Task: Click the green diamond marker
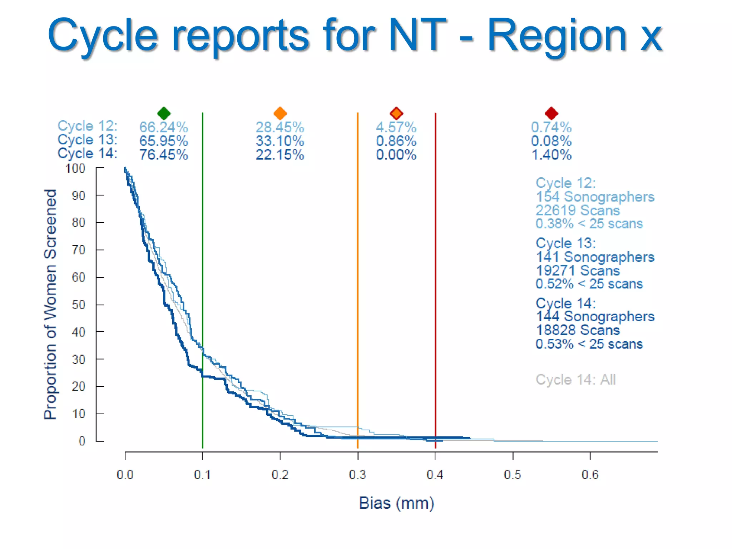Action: pyautogui.click(x=164, y=113)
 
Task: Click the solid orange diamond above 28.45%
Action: pyautogui.click(x=280, y=113)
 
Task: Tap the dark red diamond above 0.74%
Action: pyautogui.click(x=551, y=113)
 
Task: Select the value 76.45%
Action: pyautogui.click(x=164, y=155)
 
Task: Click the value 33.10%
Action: pyautogui.click(x=280, y=141)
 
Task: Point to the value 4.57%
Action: pyautogui.click(x=396, y=127)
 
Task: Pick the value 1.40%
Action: pyautogui.click(x=552, y=155)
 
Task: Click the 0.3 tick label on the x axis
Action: pyautogui.click(x=357, y=475)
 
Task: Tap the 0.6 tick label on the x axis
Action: pyautogui.click(x=590, y=475)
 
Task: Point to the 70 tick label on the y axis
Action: pyautogui.click(x=79, y=250)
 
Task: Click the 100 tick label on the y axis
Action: pyautogui.click(x=75, y=168)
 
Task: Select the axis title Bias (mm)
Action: pyautogui.click(x=396, y=503)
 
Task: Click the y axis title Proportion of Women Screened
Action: pyautogui.click(x=50, y=304)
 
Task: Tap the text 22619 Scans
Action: pyautogui.click(x=578, y=210)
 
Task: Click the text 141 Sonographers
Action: pyautogui.click(x=595, y=257)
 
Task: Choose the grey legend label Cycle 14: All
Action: pyautogui.click(x=575, y=380)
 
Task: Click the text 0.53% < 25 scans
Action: pyautogui.click(x=589, y=344)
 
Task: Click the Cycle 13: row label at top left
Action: pyautogui.click(x=88, y=140)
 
